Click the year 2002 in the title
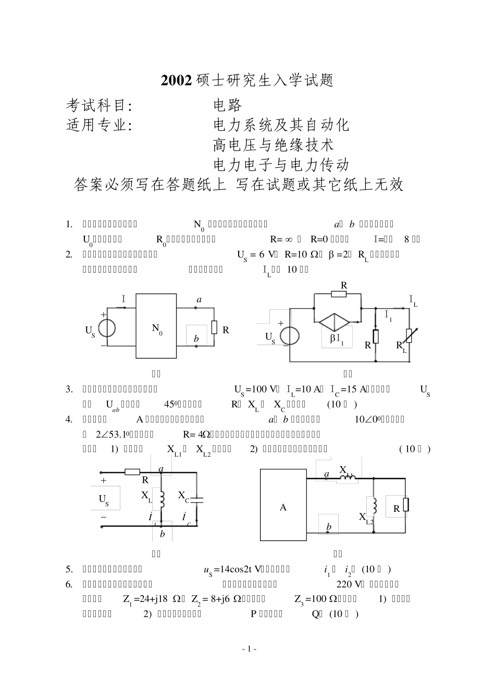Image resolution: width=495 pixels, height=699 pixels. coord(177,80)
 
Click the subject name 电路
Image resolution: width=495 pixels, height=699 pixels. coord(228,105)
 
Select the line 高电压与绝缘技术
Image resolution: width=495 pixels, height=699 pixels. coord(274,144)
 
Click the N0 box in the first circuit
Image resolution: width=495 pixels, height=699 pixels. coord(156,326)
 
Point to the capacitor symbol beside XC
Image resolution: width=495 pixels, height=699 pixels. coord(196,500)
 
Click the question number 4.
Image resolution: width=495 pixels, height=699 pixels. coord(69,419)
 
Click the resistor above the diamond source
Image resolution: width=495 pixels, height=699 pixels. coord(339,293)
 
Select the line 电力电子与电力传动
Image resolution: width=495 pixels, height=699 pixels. coord(281,165)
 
